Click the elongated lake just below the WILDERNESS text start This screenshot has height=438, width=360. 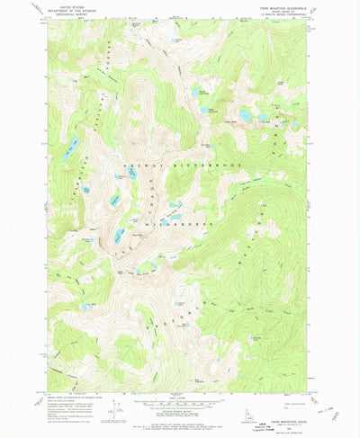click(120, 236)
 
